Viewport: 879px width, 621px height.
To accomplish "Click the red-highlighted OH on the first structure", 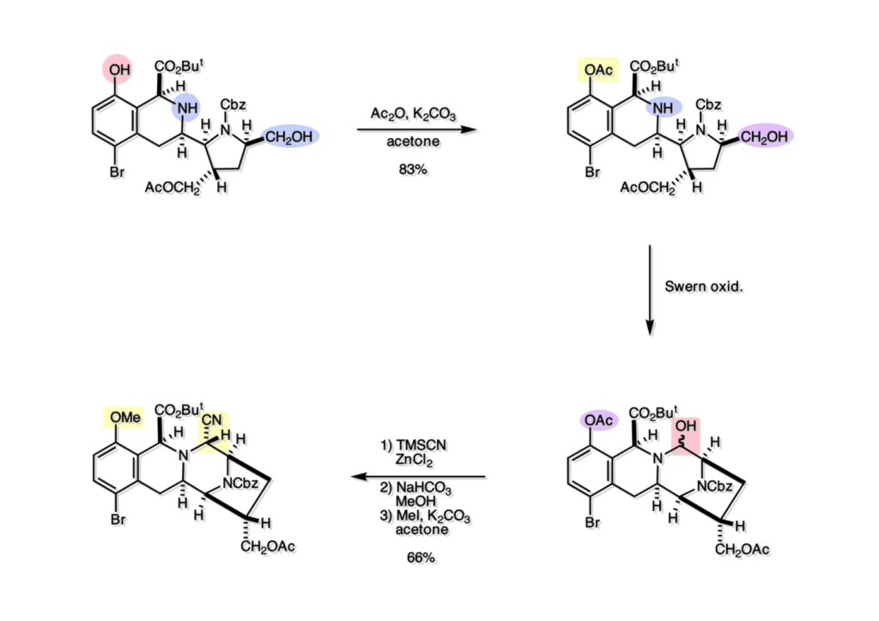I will [119, 68].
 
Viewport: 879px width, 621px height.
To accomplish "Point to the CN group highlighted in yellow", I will [212, 420].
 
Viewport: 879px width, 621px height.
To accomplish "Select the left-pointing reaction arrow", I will [421, 477].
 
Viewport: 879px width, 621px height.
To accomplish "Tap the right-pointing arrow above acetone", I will [415, 130].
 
